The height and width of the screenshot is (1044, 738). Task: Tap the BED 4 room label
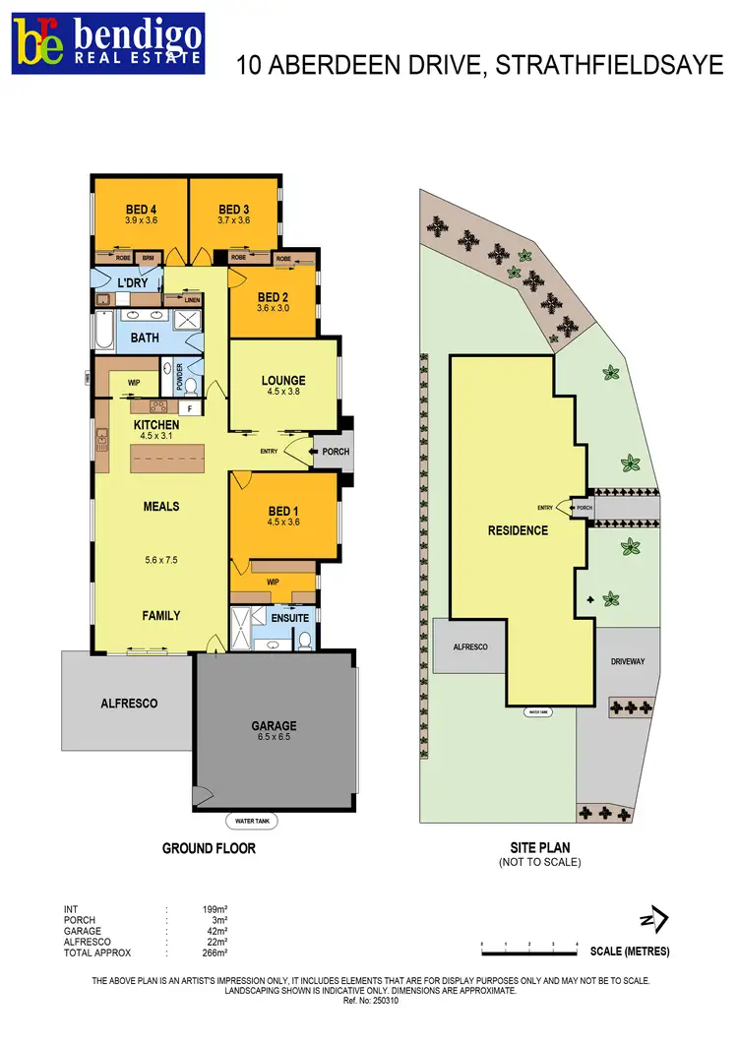click(141, 210)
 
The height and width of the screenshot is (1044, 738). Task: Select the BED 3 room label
click(234, 210)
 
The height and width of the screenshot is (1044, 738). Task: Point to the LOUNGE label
click(283, 380)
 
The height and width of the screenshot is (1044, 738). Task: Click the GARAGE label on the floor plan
click(274, 726)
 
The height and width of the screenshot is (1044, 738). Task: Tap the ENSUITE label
click(289, 618)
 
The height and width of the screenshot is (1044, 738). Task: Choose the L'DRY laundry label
click(132, 283)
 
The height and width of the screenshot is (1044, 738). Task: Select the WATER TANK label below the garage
click(246, 820)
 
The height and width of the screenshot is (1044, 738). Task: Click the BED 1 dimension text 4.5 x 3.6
click(282, 522)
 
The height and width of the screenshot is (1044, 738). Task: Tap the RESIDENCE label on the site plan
click(518, 530)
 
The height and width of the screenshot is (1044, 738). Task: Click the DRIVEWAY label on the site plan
click(627, 661)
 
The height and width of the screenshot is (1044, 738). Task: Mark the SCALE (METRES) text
click(630, 952)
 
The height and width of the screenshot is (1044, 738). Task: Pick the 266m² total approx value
click(215, 953)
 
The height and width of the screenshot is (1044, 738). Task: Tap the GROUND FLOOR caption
click(209, 847)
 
